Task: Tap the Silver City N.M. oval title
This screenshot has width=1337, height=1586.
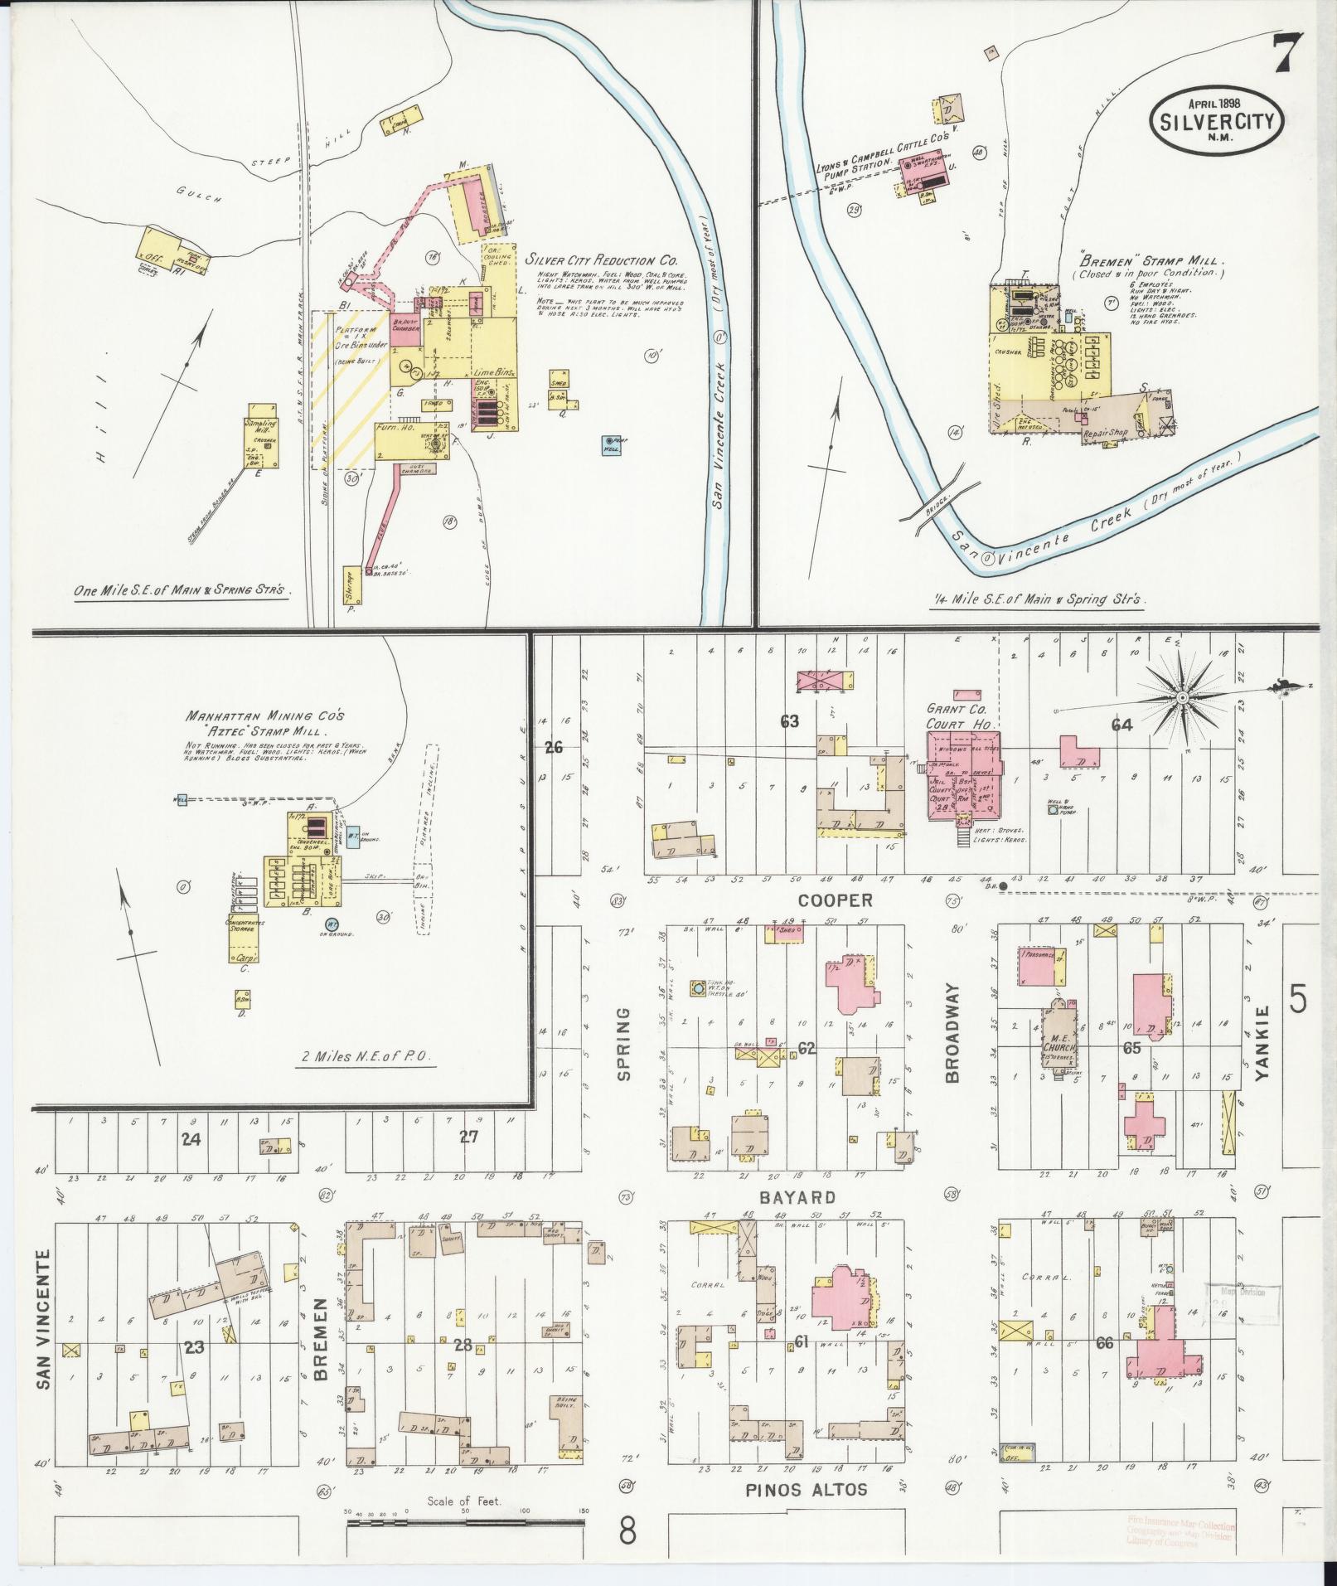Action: pyautogui.click(x=1216, y=122)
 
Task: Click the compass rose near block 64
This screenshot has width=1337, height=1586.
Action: pyautogui.click(x=1180, y=698)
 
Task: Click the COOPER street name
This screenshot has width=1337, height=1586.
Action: pyautogui.click(x=836, y=900)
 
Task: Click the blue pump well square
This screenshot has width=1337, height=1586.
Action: pyautogui.click(x=612, y=444)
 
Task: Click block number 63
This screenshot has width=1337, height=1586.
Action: pyautogui.click(x=789, y=721)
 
